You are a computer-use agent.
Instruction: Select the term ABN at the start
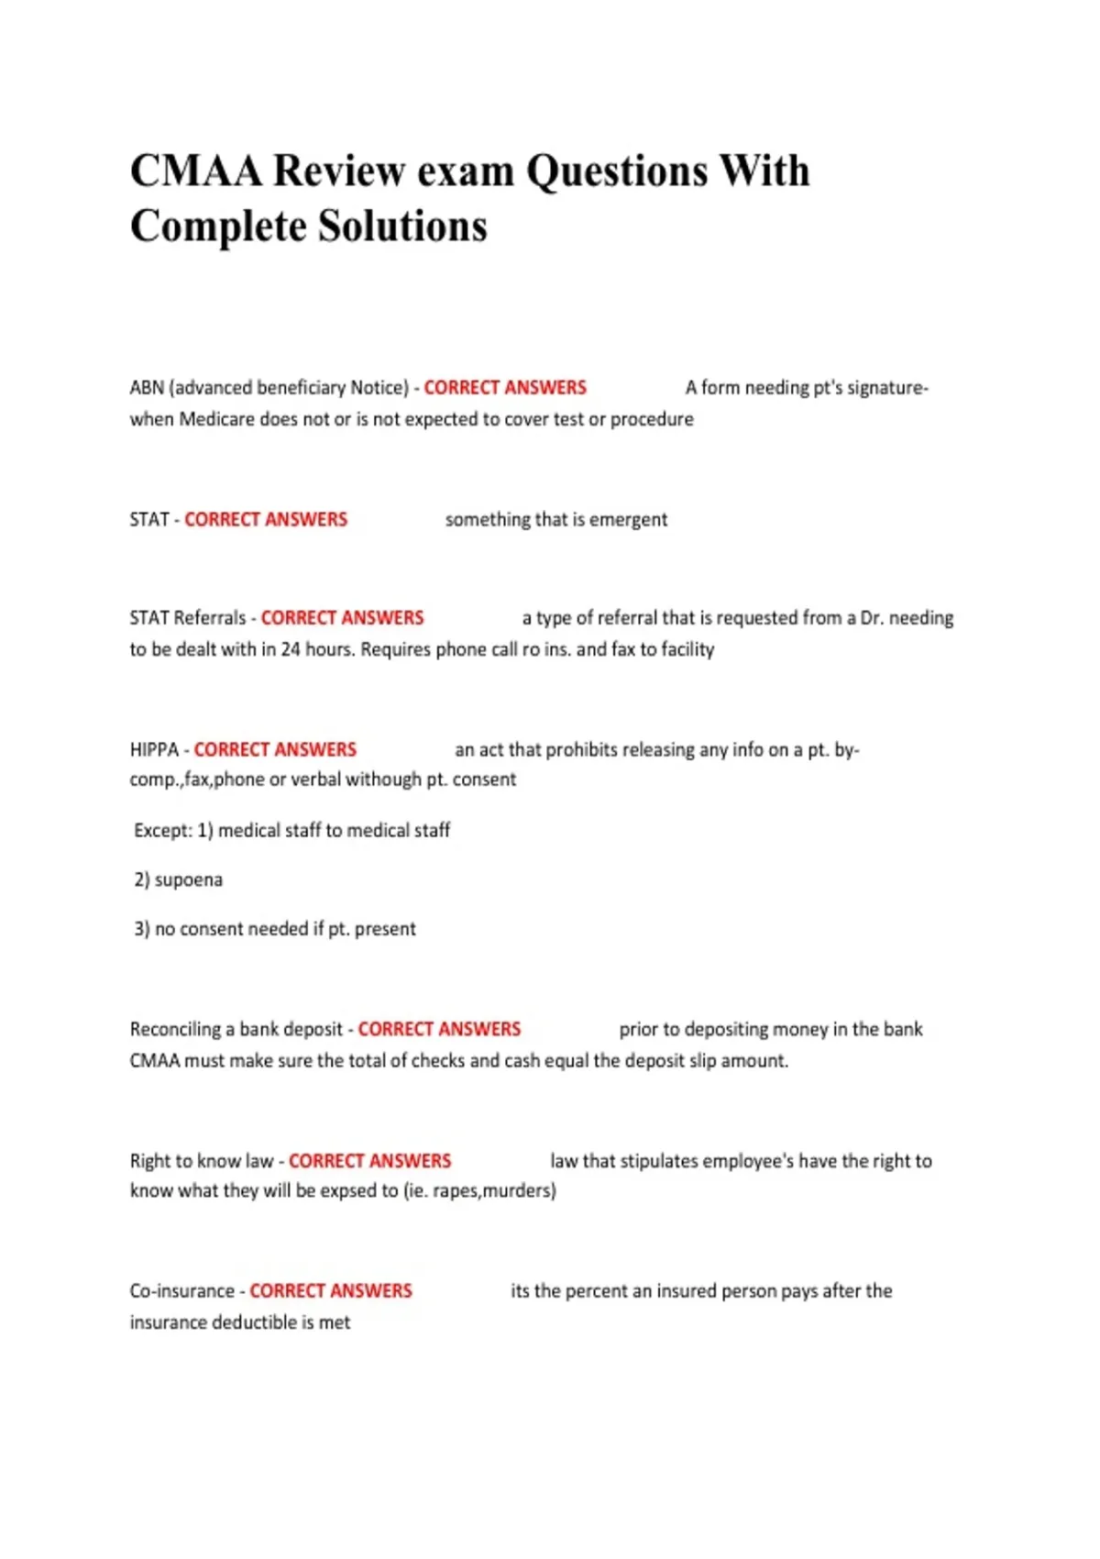click(x=146, y=388)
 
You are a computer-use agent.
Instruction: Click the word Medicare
click(x=216, y=419)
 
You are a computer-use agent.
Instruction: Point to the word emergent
click(x=628, y=520)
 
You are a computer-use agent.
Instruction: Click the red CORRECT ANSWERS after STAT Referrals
click(x=342, y=618)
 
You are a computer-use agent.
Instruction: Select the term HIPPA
click(x=154, y=750)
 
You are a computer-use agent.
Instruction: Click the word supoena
click(x=188, y=880)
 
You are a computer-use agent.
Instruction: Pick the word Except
click(x=163, y=831)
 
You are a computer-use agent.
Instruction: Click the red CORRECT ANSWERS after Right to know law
click(x=369, y=1161)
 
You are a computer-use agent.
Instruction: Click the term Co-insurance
click(x=181, y=1291)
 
